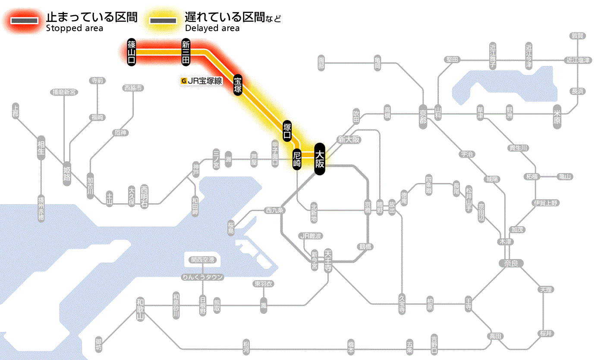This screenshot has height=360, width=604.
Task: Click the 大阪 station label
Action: pyautogui.click(x=319, y=159)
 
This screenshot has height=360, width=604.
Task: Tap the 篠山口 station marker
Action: pyautogui.click(x=132, y=52)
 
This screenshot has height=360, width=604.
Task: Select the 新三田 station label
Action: pyautogui.click(x=186, y=52)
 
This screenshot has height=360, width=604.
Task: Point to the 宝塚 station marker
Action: pyautogui.click(x=238, y=85)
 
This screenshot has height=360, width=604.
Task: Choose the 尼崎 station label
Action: pyautogui.click(x=297, y=159)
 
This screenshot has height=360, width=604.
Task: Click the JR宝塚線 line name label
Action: pyautogui.click(x=205, y=80)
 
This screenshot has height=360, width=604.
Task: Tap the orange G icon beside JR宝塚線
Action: pyautogui.click(x=184, y=80)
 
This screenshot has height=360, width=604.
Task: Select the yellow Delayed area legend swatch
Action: pyautogui.click(x=163, y=21)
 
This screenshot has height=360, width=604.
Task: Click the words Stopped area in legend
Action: pyautogui.click(x=74, y=28)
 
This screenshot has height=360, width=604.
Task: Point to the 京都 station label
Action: pyautogui.click(x=423, y=116)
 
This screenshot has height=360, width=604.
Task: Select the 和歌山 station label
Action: pyautogui.click(x=140, y=309)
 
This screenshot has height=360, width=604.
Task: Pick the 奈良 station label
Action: pyautogui.click(x=511, y=262)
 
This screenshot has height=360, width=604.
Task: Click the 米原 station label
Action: pyautogui.click(x=558, y=116)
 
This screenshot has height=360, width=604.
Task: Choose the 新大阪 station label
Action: pyautogui.click(x=349, y=139)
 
